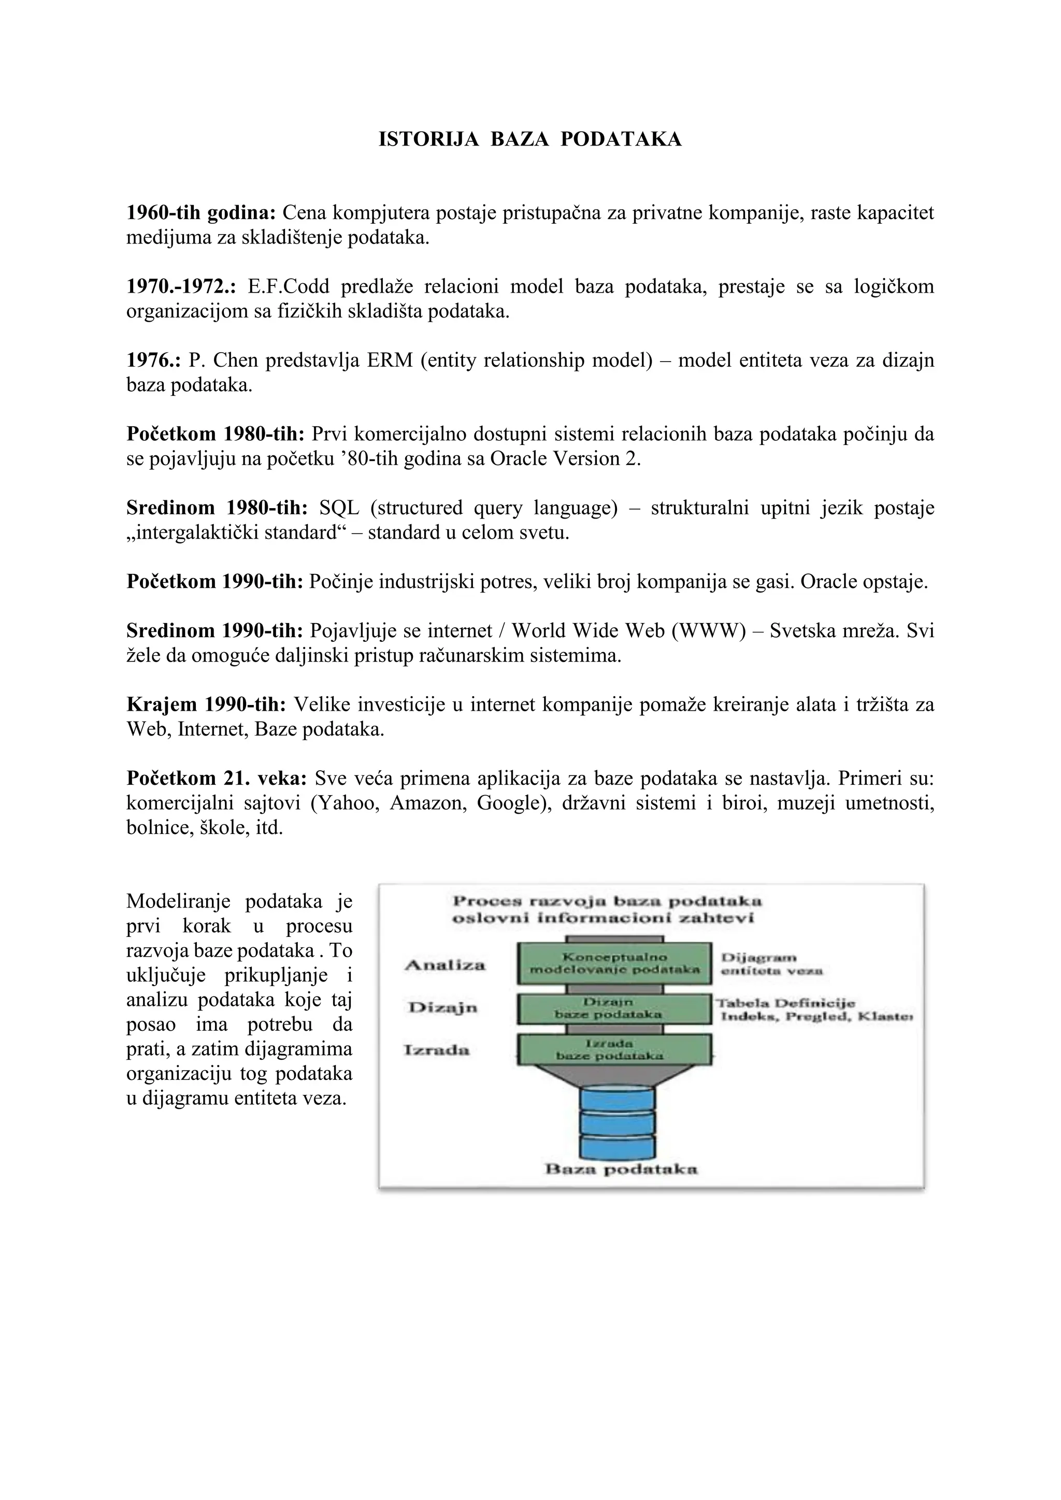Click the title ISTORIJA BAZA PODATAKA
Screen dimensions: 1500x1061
(x=530, y=139)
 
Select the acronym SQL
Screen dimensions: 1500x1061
(x=339, y=508)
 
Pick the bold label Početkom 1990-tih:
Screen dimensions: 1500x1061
(x=215, y=582)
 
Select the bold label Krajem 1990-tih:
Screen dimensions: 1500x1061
(x=206, y=704)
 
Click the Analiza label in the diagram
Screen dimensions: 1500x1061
(x=445, y=965)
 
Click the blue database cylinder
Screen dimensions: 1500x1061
(x=616, y=1122)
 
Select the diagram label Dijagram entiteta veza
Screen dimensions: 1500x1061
(x=771, y=964)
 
